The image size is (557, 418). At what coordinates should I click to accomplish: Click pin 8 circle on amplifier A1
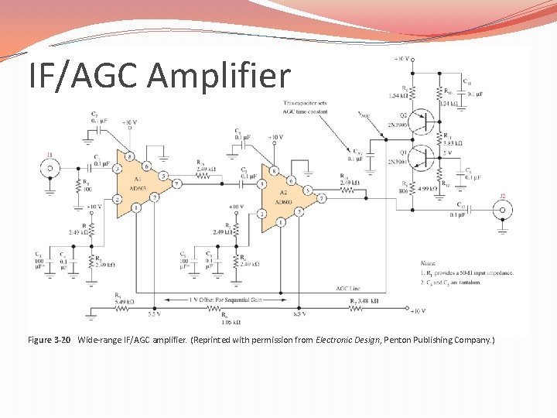point(132,156)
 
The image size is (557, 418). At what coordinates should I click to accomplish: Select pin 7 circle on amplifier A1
point(177,183)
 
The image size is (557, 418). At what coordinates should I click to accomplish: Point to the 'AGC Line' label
point(347,288)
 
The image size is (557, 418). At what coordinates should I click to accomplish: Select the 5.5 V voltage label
point(155,314)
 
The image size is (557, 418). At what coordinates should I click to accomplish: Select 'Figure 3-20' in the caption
point(50,340)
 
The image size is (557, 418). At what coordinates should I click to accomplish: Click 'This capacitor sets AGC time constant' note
point(306,107)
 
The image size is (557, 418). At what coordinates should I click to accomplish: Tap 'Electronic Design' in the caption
point(346,340)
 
